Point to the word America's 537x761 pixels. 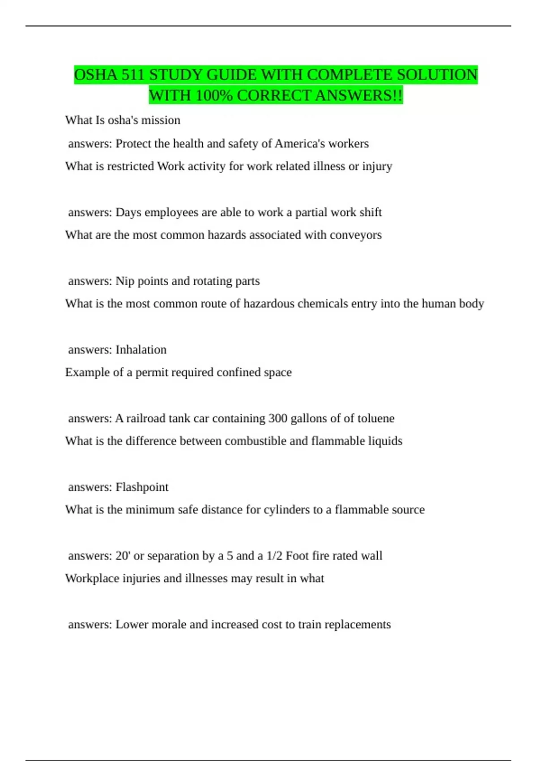tap(299, 144)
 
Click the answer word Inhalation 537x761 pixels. tap(141, 350)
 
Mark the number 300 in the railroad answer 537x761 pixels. tap(277, 419)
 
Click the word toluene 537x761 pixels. tap(374, 419)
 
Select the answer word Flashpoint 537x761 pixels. tap(142, 487)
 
